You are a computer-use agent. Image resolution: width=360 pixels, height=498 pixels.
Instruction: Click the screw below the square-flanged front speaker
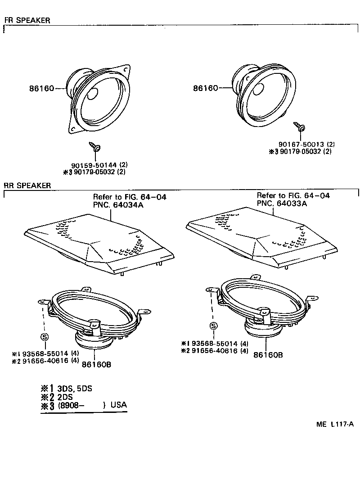point(95,146)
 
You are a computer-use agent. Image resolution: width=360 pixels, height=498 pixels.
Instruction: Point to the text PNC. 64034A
point(115,204)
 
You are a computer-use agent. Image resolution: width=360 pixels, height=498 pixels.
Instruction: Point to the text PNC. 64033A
point(282,203)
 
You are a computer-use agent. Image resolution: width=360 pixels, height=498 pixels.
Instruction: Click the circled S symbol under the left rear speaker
point(44,337)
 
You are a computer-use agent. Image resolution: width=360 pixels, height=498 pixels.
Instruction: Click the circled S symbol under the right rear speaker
point(213,326)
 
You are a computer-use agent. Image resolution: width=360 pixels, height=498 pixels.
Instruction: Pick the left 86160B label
point(96,364)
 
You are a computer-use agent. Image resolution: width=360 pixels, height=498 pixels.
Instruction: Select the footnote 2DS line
point(65,397)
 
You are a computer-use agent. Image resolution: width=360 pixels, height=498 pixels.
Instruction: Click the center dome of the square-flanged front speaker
point(93,95)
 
